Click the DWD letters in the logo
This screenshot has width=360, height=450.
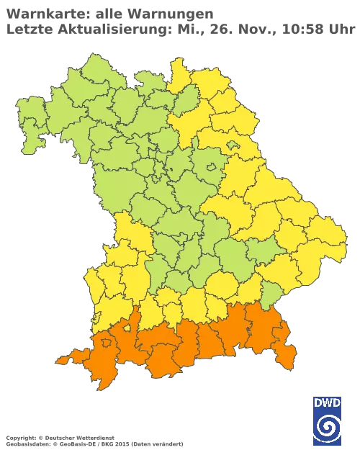pyautogui.click(x=327, y=402)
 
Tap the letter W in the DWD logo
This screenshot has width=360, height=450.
pyautogui.click(x=328, y=402)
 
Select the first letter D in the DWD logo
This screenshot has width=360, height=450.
pyautogui.click(x=318, y=402)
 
